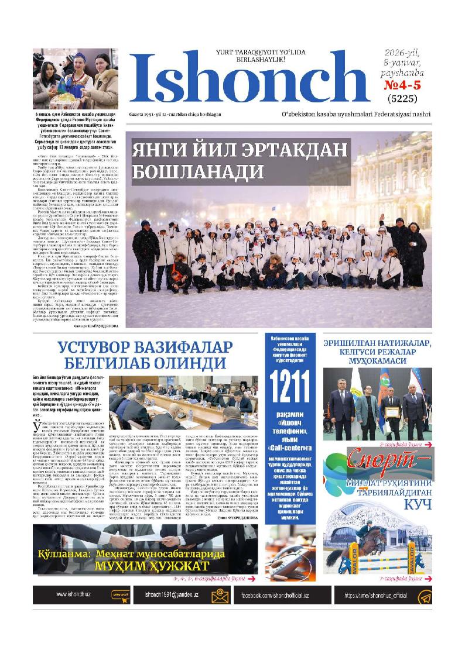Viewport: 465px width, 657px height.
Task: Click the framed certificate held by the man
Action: point(391,404)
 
